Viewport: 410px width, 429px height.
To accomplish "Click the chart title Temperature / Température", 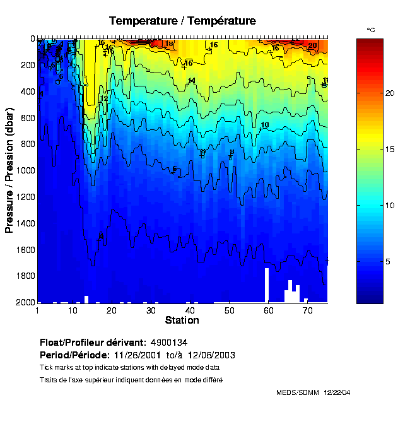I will (182, 21).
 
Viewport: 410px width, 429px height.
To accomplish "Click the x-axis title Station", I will (182, 320).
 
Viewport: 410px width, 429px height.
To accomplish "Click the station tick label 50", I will (230, 310).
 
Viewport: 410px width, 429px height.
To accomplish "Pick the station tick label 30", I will (150, 310).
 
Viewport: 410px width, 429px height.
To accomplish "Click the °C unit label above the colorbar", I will (371, 30).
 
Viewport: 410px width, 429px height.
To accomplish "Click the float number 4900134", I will (170, 342).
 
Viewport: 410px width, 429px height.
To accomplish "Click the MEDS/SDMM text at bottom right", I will (298, 392).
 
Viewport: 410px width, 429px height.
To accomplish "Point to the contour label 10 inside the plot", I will (265, 125).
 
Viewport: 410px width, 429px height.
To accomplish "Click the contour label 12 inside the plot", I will (104, 99).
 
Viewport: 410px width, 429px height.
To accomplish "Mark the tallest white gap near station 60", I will (267, 285).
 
